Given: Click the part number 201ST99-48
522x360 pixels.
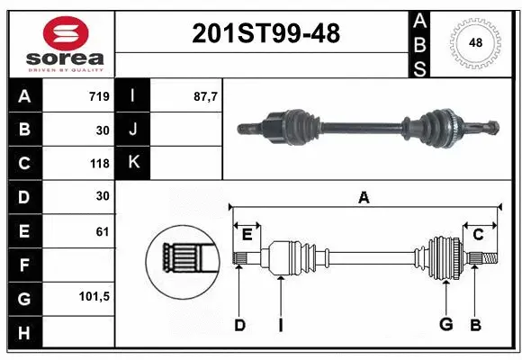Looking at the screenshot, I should [x=266, y=34].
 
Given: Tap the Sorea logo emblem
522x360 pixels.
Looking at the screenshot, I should [x=66, y=33].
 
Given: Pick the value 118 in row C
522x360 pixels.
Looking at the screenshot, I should [x=99, y=164].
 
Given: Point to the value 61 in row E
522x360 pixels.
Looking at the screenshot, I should [x=102, y=232].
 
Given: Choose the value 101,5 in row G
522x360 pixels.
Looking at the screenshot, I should [x=94, y=295].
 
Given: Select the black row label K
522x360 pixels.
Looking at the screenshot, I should [x=134, y=163].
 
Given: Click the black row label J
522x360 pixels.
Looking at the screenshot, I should [x=134, y=130].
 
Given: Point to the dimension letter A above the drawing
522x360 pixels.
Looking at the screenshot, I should [x=364, y=198].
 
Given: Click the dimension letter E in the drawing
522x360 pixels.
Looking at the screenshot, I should [x=247, y=235].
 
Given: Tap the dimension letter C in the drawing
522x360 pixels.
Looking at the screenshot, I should [x=478, y=235].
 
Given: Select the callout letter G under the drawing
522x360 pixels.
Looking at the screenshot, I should [x=445, y=325].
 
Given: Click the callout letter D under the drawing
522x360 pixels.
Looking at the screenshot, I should [x=239, y=325].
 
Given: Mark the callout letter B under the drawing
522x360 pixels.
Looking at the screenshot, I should [x=476, y=325].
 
